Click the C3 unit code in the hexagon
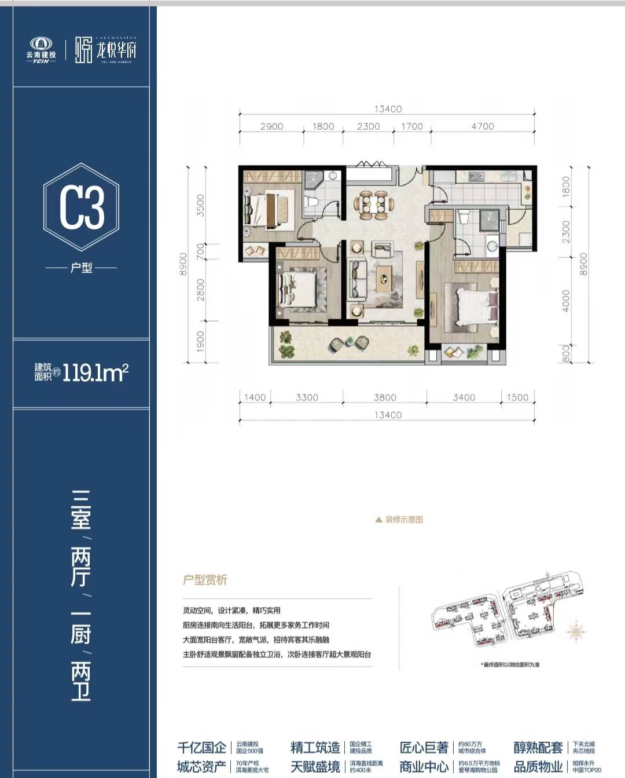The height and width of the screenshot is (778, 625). [82, 207]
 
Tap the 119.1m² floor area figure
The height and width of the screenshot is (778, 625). [95, 372]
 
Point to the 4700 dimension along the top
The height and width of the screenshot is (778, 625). [482, 126]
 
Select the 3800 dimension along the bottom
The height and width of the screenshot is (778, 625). [385, 397]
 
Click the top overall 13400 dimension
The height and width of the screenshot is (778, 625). [387, 109]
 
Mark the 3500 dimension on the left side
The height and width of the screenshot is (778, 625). [201, 205]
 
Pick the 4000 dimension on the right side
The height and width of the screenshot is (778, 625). [566, 301]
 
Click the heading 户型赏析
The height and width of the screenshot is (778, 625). [205, 580]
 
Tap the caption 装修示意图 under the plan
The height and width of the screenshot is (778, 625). [403, 520]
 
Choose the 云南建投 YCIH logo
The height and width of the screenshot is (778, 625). [41, 50]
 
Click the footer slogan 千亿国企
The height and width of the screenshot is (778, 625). [201, 747]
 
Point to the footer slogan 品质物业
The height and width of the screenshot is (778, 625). [538, 767]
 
